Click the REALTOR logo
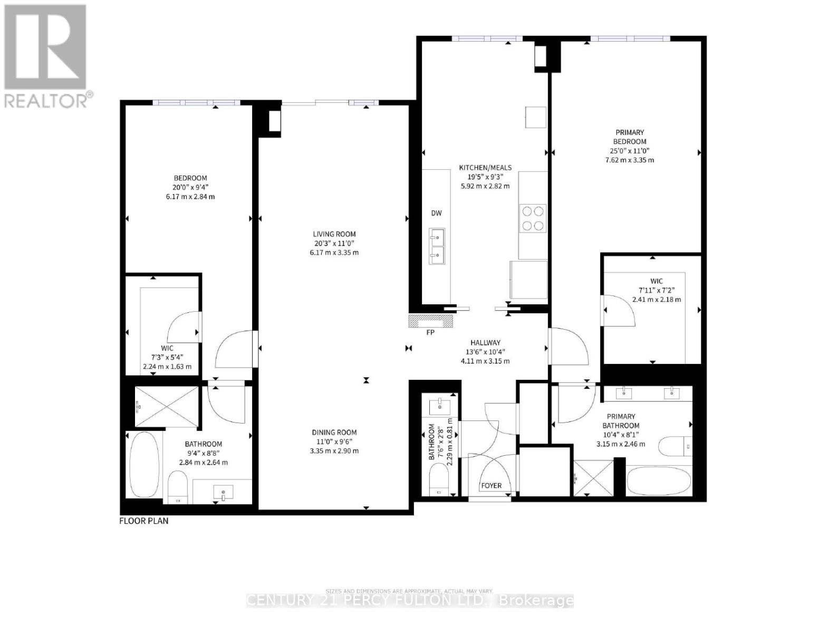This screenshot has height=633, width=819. click(x=46, y=55)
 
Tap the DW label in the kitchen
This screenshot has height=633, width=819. click(x=436, y=213)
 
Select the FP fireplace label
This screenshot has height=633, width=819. click(x=430, y=333)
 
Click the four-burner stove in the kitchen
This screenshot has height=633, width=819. click(x=532, y=218)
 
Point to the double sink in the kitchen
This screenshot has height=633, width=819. click(x=436, y=246)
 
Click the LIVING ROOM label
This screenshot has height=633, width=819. click(x=334, y=234)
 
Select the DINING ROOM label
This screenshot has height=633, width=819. click(x=334, y=432)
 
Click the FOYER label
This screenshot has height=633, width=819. click(x=491, y=485)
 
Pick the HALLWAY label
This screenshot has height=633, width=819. click(x=485, y=342)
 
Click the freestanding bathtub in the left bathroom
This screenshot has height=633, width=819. click(x=143, y=464)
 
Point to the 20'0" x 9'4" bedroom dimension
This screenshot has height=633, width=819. click(x=190, y=187)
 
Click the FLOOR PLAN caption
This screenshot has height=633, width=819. click(x=144, y=521)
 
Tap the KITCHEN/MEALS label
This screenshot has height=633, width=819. click(x=485, y=167)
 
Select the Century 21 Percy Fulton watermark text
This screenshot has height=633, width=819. click(x=410, y=600)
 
